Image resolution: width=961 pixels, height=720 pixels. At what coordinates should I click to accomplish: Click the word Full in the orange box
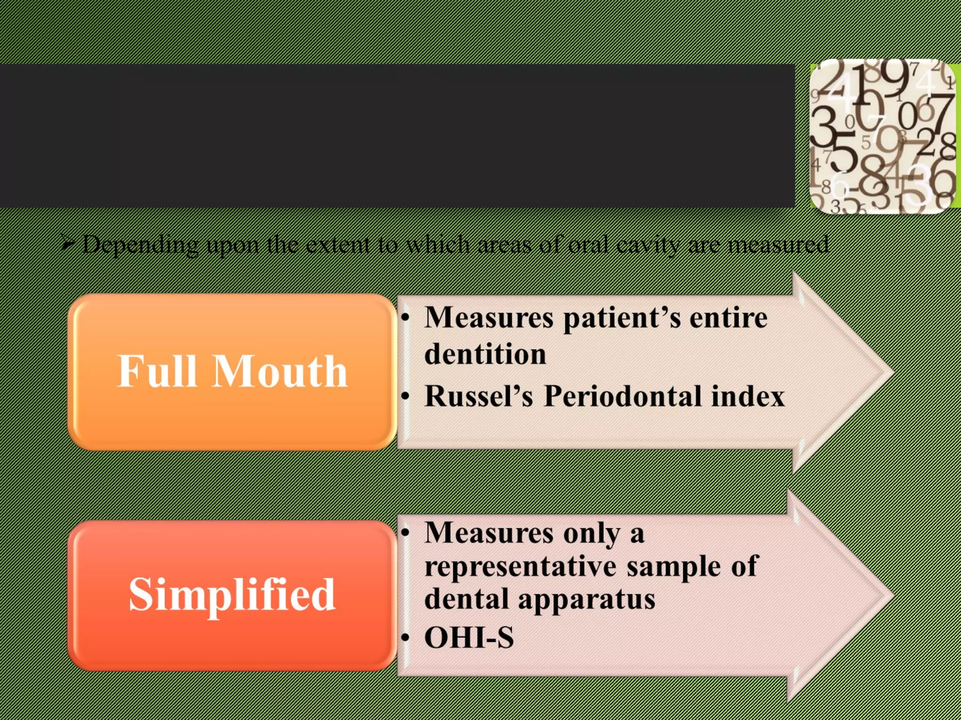156,371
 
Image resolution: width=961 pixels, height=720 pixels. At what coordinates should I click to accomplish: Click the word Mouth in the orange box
280,371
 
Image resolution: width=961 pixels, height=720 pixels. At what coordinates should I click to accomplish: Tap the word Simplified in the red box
232,595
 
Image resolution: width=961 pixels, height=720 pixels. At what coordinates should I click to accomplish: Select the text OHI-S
469,638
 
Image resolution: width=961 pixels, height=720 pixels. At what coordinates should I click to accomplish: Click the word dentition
485,354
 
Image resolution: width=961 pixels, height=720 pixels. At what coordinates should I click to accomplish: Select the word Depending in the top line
140,245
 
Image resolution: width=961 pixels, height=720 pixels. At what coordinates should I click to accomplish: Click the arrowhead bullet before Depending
68,243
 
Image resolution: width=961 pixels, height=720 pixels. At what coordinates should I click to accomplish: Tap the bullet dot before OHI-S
406,638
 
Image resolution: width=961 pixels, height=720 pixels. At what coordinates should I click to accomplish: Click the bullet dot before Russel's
406,397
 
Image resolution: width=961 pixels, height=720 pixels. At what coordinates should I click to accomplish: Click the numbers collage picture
882,136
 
